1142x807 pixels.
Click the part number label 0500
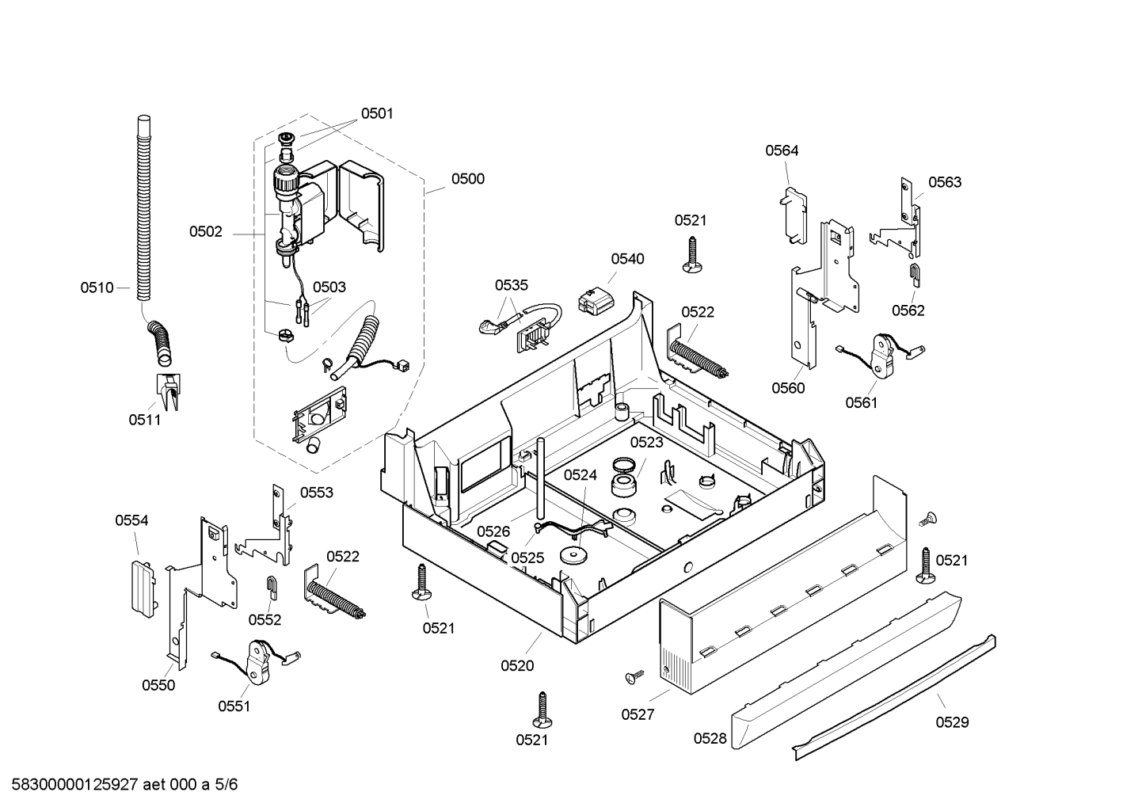point(467,179)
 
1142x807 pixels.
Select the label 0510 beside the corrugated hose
point(97,288)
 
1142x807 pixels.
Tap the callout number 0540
point(627,259)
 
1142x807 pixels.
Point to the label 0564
point(782,150)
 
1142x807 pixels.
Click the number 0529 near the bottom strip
point(953,722)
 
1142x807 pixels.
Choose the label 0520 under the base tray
point(517,666)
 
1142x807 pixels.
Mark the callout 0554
point(131,520)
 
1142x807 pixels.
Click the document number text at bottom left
point(124,784)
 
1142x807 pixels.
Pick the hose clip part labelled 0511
point(168,391)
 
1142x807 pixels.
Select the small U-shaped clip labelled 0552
point(272,588)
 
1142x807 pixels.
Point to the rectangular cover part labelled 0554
point(143,589)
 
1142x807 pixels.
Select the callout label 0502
point(206,232)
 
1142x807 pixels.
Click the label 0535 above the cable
point(512,285)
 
